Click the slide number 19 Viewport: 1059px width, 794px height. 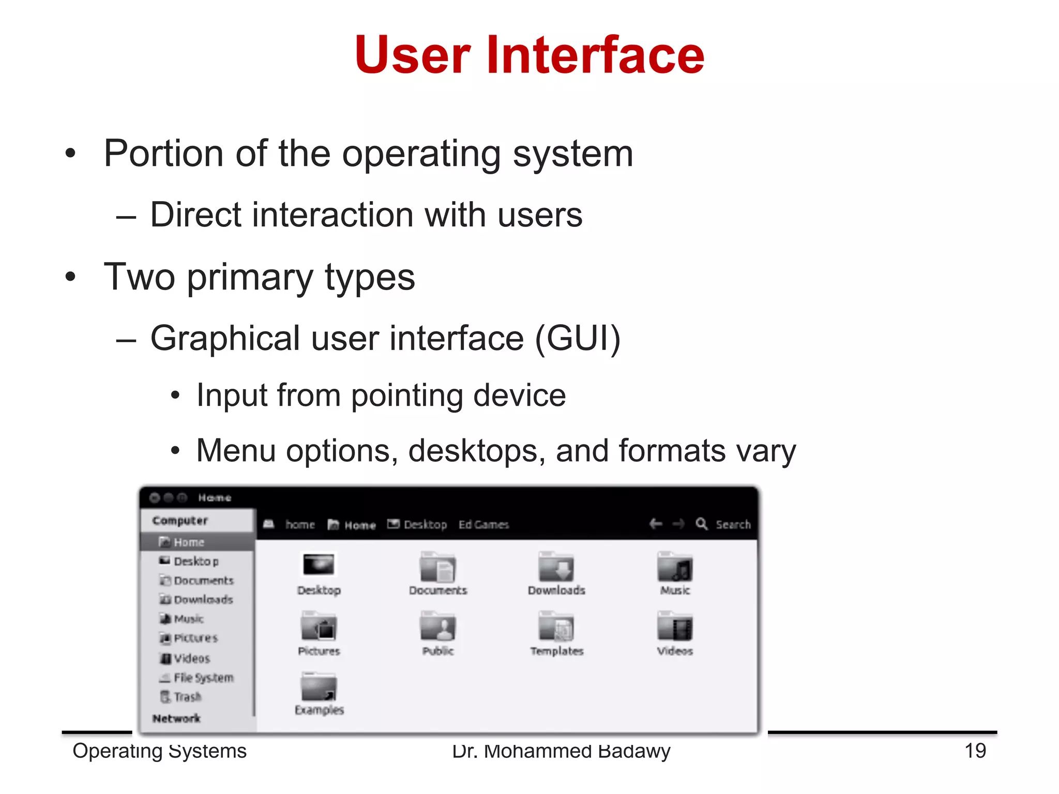point(975,751)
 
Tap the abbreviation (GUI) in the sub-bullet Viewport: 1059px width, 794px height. point(578,339)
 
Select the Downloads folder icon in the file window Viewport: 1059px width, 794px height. point(556,568)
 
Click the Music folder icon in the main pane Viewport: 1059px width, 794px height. point(674,568)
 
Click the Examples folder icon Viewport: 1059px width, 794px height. point(319,688)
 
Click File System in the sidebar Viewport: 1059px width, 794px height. point(203,678)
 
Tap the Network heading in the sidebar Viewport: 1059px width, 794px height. point(176,718)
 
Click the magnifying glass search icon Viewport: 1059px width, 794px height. point(701,524)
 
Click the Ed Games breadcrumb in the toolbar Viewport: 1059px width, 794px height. point(483,525)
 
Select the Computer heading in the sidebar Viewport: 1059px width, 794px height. point(180,521)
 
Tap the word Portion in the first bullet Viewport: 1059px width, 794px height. point(164,154)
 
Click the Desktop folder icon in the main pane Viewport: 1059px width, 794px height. point(319,564)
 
